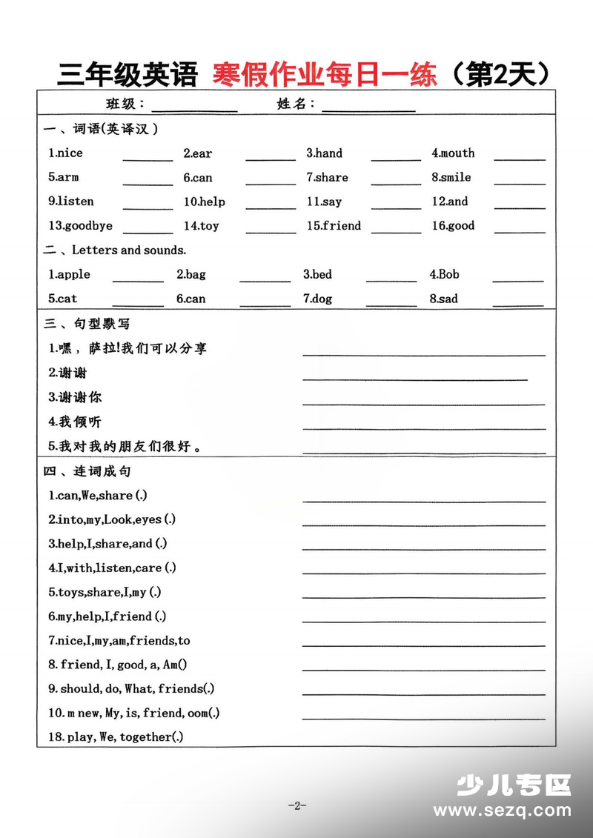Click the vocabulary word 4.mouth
pyautogui.click(x=453, y=153)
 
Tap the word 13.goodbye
pyautogui.click(x=80, y=226)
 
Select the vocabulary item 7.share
pyautogui.click(x=327, y=178)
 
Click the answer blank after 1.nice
pyautogui.click(x=148, y=159)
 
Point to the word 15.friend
pyautogui.click(x=334, y=226)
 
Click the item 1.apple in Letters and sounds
pyautogui.click(x=69, y=275)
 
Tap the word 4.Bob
pyautogui.click(x=444, y=275)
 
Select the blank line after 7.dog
pyautogui.click(x=391, y=304)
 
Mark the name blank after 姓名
pyautogui.click(x=368, y=110)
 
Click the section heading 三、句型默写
pyautogui.click(x=87, y=324)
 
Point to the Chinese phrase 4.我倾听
pyautogui.click(x=75, y=422)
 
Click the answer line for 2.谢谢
pyautogui.click(x=415, y=379)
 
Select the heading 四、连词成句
pyautogui.click(x=87, y=471)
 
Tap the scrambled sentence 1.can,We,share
pyautogui.click(x=98, y=496)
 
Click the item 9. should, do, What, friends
pyautogui.click(x=131, y=689)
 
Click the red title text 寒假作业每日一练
pyautogui.click(x=325, y=73)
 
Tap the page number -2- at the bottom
pyautogui.click(x=296, y=806)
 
